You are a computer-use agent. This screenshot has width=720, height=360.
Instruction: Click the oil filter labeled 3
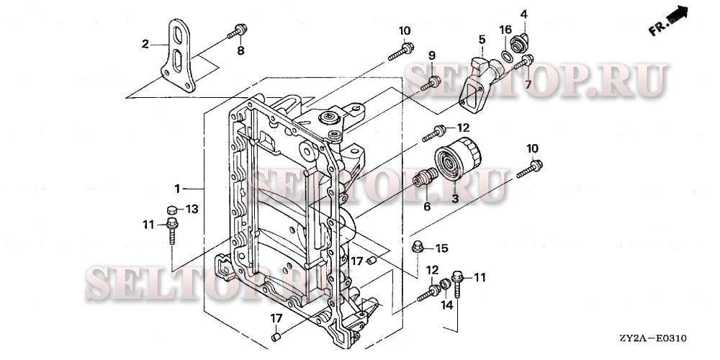pos(458,158)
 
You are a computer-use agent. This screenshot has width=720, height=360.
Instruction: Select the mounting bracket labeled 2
pos(178,55)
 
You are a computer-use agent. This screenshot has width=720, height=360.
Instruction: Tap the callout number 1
pos(177,188)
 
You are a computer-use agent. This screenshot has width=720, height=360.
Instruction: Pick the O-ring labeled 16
pos(507,56)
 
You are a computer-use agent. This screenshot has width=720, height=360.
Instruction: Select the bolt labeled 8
pos(237,32)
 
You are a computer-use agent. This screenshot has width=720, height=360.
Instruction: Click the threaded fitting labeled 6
pos(425,177)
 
